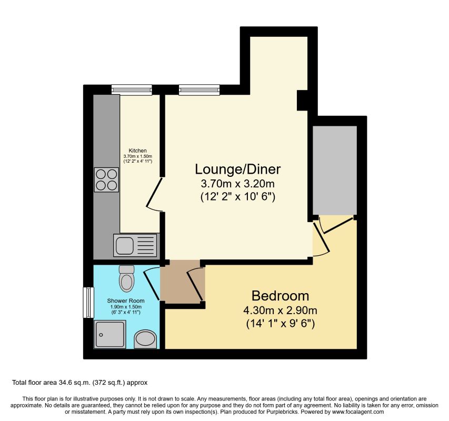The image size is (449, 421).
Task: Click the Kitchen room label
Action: [138, 151]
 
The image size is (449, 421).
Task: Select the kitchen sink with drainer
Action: [135, 245]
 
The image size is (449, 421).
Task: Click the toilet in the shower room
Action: [127, 278]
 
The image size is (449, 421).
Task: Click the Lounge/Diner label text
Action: [237, 169]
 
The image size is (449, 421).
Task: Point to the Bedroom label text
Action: [280, 295]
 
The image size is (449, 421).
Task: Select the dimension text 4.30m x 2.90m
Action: [280, 310]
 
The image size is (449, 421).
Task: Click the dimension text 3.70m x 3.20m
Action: [237, 184]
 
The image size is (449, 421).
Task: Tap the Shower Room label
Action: [126, 301]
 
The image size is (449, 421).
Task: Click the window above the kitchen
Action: [131, 90]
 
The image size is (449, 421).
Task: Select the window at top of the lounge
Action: [199, 90]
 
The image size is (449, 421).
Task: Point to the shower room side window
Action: [88, 302]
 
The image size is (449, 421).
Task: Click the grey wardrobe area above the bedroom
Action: [334, 169]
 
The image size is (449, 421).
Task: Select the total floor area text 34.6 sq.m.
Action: [82, 383]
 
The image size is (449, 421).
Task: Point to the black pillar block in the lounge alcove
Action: [302, 101]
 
